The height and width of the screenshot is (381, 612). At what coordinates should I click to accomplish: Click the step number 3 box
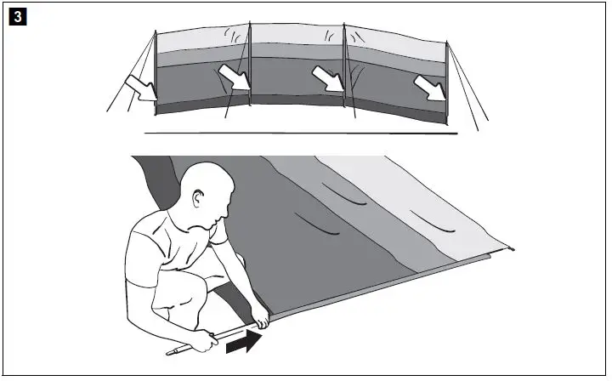tap(14, 15)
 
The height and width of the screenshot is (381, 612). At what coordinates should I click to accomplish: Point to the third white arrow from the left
tap(331, 81)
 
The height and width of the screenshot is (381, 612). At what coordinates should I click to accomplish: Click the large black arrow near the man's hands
tap(241, 341)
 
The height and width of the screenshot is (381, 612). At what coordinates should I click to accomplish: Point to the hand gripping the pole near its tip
tap(203, 344)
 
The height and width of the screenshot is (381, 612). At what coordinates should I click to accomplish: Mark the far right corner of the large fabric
tap(513, 249)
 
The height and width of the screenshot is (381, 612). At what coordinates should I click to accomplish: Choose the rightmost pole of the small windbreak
tap(447, 79)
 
